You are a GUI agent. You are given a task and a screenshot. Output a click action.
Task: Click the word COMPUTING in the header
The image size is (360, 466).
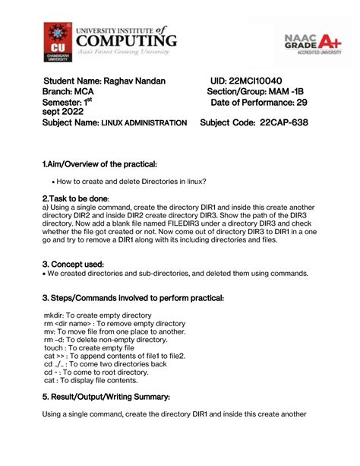(x=127, y=40)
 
